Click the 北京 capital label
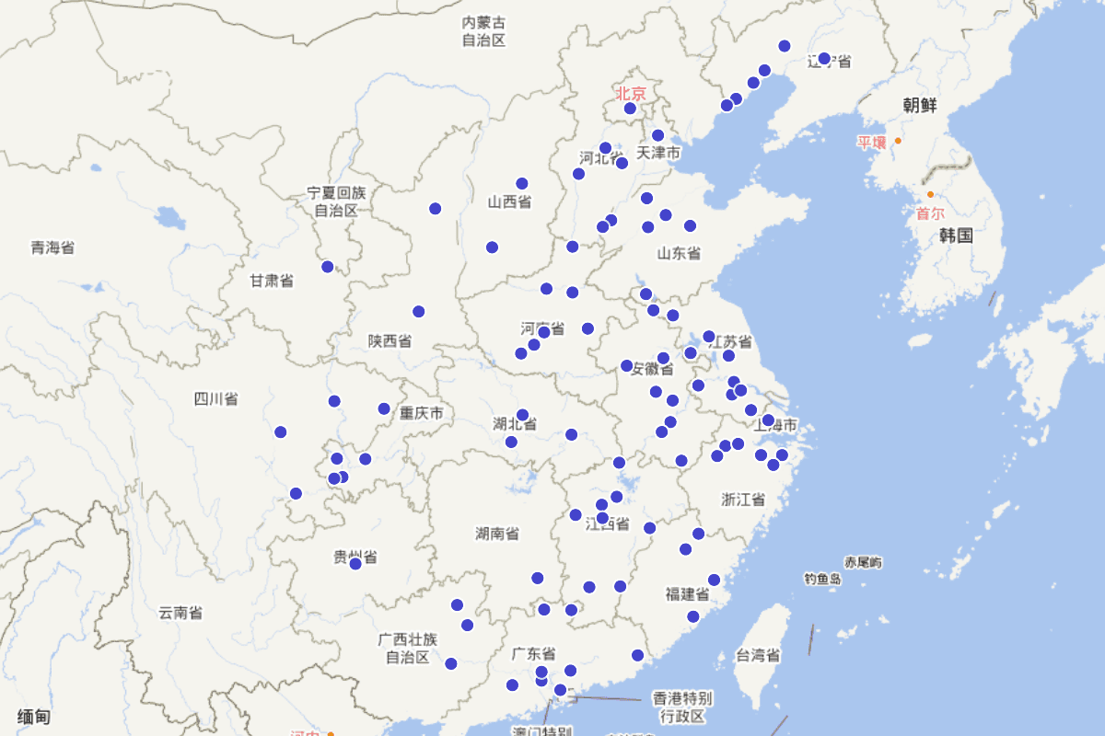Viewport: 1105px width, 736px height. [x=631, y=93]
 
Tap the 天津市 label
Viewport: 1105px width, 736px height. [x=657, y=153]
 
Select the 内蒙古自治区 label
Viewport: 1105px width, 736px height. [x=483, y=31]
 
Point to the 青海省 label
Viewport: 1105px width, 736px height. [x=52, y=247]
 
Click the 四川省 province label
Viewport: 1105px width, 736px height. [x=215, y=398]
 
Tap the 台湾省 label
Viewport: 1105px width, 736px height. [x=758, y=656]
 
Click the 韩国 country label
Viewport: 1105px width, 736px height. [x=956, y=236]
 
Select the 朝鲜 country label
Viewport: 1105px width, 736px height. [x=919, y=105]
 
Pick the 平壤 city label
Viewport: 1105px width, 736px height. [x=871, y=142]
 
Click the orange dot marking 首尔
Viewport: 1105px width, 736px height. [x=930, y=194]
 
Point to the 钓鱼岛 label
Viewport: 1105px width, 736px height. [x=822, y=579]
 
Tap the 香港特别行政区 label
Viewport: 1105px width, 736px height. [x=681, y=707]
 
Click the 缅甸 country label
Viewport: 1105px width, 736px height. [x=33, y=717]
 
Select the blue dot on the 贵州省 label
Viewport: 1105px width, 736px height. [x=355, y=563]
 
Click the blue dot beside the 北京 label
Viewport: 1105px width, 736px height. [x=630, y=109]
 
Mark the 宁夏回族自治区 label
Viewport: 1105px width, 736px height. [x=336, y=201]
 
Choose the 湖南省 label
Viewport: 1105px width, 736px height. [x=496, y=534]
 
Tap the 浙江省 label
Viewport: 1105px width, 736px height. [x=743, y=500]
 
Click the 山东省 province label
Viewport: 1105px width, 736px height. [x=679, y=253]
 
